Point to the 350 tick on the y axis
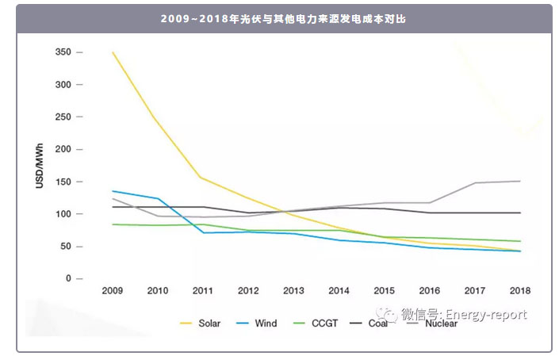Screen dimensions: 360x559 coord(63,52)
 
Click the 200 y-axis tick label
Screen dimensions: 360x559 coord(63,149)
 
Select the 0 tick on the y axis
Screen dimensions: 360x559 coord(68,279)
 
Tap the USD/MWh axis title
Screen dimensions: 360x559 coord(40,166)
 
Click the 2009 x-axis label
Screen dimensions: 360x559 coord(113,291)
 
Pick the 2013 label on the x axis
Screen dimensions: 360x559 coord(293,291)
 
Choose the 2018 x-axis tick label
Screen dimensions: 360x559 coord(519,291)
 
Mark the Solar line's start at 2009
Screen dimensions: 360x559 coord(113,52)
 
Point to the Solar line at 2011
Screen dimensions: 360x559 coord(203,177)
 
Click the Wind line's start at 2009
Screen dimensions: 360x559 coord(113,191)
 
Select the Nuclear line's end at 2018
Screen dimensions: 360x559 coord(520,181)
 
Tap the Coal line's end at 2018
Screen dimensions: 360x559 coord(520,213)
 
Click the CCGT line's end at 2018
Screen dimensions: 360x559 coord(520,241)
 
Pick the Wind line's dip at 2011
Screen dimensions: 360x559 coord(203,232)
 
